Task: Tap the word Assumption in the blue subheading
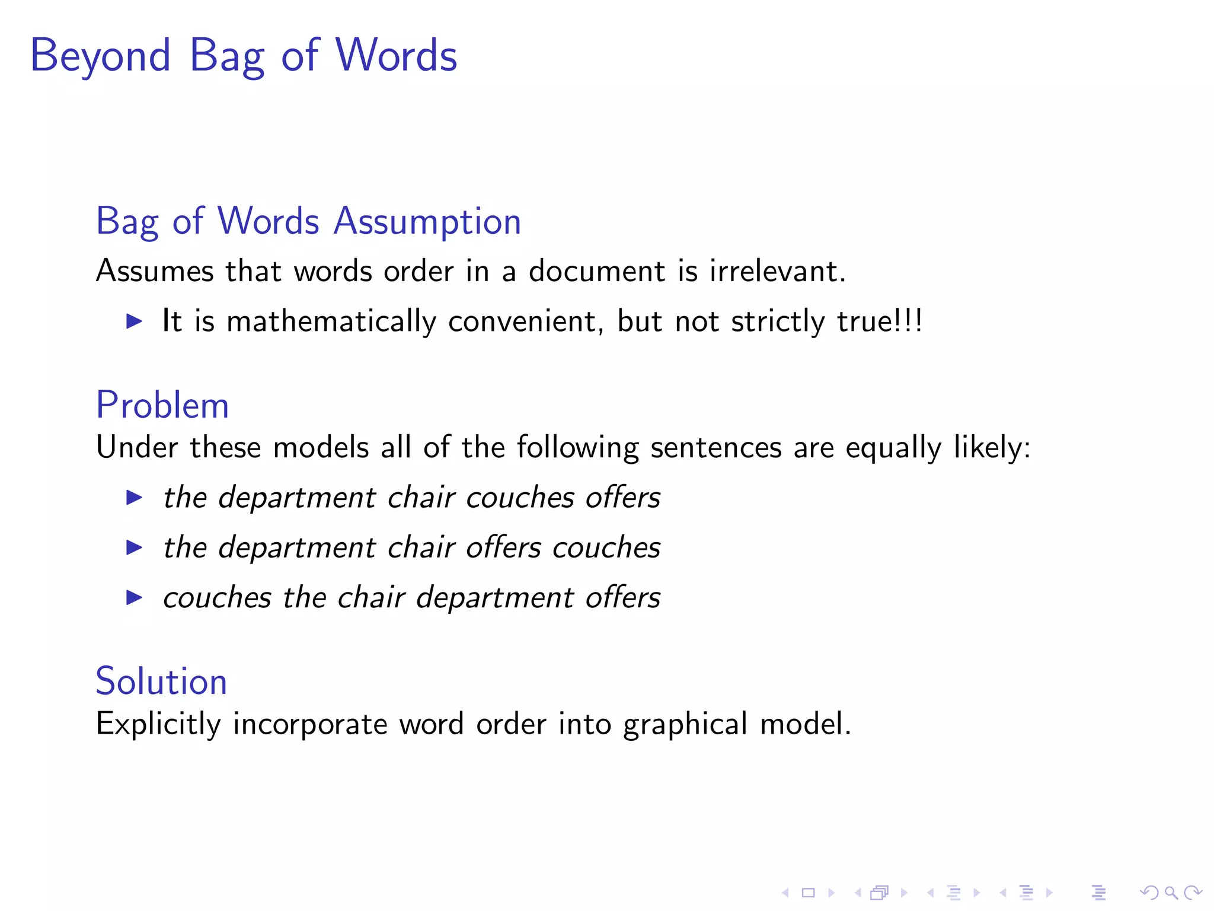click(x=427, y=222)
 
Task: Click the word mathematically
click(x=331, y=322)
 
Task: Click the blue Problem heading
click(x=162, y=406)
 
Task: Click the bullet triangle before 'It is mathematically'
click(x=135, y=321)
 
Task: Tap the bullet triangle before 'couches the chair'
click(x=135, y=597)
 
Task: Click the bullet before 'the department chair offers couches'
click(x=135, y=547)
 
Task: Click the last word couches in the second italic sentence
click(x=606, y=547)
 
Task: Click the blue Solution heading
click(x=161, y=681)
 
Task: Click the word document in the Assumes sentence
click(x=597, y=272)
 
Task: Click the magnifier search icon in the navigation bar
click(x=1171, y=892)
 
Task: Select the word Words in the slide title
click(x=396, y=55)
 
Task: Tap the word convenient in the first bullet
click(x=526, y=322)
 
